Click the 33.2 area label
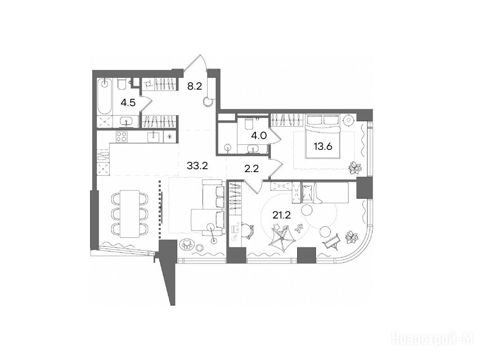197,166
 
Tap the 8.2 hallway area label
195,87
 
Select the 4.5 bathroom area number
128,103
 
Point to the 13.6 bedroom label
322,147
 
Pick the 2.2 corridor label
252,168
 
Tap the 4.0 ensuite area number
259,135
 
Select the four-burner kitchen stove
122,136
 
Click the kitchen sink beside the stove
153,136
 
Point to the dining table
130,212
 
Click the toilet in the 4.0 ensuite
248,123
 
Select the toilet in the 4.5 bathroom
121,84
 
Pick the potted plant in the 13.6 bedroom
355,167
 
